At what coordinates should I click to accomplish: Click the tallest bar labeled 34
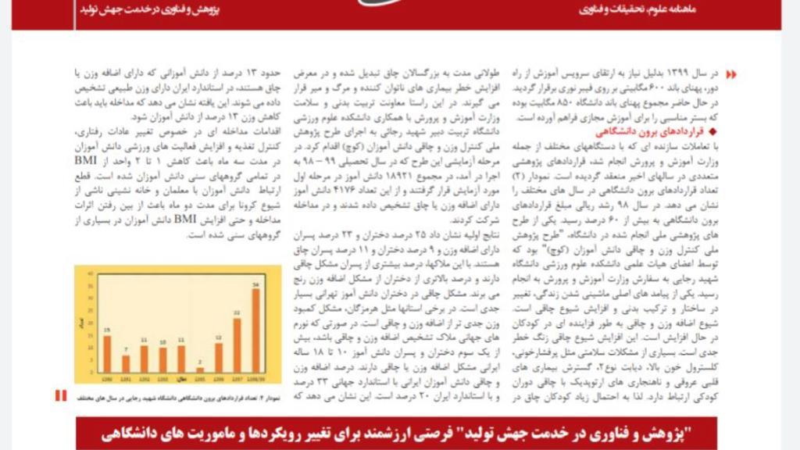pos(255,330)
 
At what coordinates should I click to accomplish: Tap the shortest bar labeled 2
pos(200,369)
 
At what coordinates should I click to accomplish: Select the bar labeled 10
pos(163,359)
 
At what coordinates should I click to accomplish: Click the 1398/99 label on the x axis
pos(255,378)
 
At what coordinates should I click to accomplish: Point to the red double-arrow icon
pos(730,74)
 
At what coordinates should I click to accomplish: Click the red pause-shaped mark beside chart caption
pos(61,395)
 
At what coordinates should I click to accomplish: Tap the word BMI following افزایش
pos(185,220)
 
